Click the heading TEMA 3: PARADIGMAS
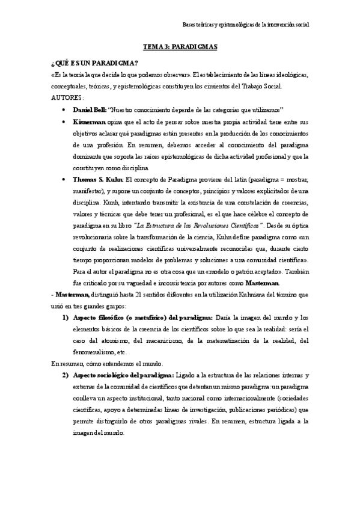tap(180, 46)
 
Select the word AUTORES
tap(67, 97)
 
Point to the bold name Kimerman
tap(91, 121)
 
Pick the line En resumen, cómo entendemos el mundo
tap(103, 363)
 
